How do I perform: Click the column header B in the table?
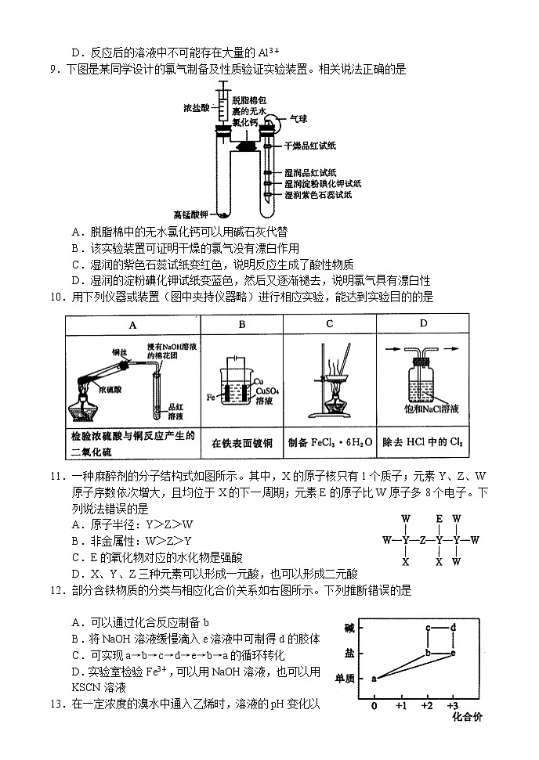coord(242,324)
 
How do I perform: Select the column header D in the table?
coord(424,324)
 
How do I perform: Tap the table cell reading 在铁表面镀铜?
coord(242,442)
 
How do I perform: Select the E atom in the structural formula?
coord(440,518)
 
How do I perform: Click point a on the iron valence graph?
coord(374,678)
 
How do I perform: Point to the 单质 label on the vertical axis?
coord(345,678)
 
